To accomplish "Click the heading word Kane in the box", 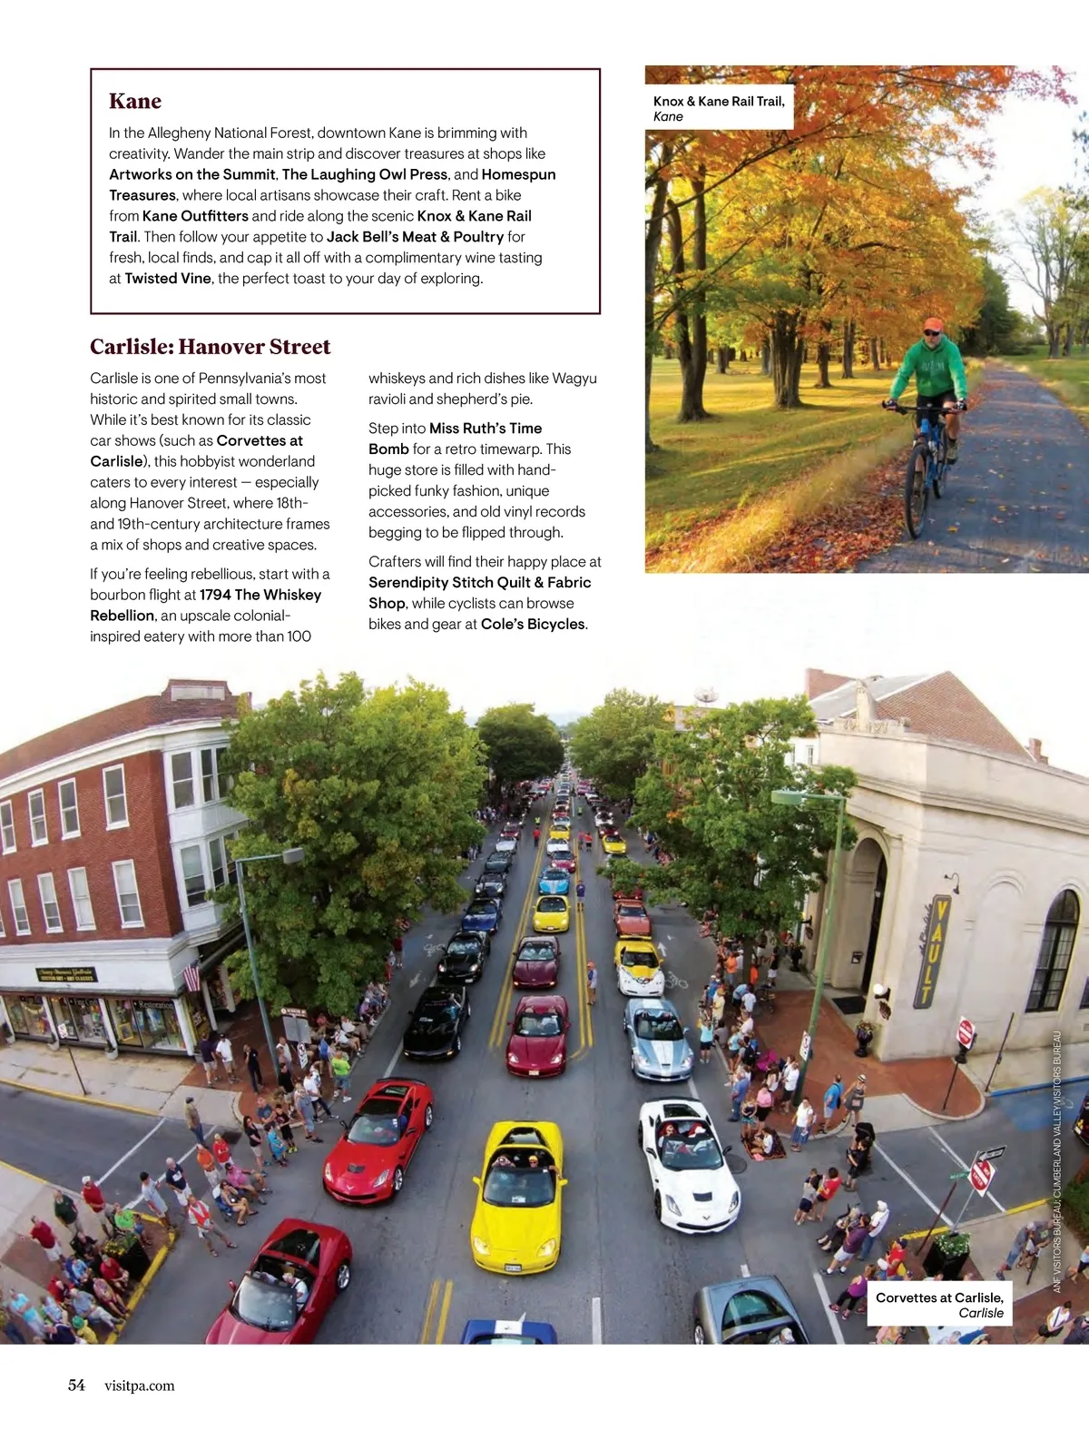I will (x=135, y=101).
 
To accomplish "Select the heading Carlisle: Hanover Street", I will (x=210, y=347).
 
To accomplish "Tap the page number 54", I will (x=76, y=1385).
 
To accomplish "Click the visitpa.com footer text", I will (x=139, y=1386).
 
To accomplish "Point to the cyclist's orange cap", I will (x=932, y=324).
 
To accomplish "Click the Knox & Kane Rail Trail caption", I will (x=719, y=108).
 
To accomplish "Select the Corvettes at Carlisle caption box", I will (x=938, y=1305).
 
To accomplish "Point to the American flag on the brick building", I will (x=191, y=977).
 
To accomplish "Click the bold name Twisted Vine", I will (x=168, y=279).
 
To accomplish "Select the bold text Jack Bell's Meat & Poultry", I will (x=415, y=237).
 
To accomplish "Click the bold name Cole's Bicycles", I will (x=533, y=625).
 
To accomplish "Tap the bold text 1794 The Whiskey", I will (x=260, y=596).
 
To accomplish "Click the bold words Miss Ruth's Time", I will (x=486, y=429).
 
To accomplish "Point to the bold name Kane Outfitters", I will (x=195, y=216).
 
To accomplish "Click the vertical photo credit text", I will (x=1056, y=1162).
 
